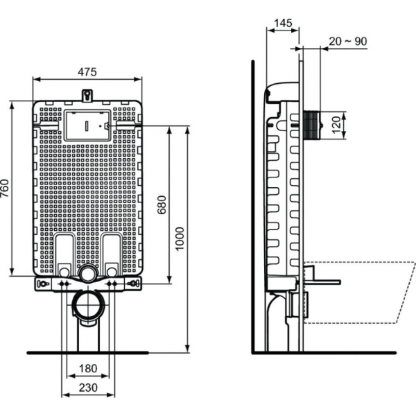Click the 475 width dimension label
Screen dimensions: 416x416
[x=87, y=71]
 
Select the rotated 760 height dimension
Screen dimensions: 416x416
[x=6, y=189]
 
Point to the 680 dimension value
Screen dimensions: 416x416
[x=162, y=204]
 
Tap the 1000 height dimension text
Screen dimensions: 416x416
[x=180, y=239]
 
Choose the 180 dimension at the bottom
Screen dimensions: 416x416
[x=87, y=368]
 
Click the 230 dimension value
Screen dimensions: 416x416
[x=87, y=388]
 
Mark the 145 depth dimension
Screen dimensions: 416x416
[x=282, y=23]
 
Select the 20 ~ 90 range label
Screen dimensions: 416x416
[x=347, y=42]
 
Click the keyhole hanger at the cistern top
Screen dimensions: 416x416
[x=87, y=94]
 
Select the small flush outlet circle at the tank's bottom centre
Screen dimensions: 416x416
[x=87, y=273]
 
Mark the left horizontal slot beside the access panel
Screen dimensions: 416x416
[x=49, y=126]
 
